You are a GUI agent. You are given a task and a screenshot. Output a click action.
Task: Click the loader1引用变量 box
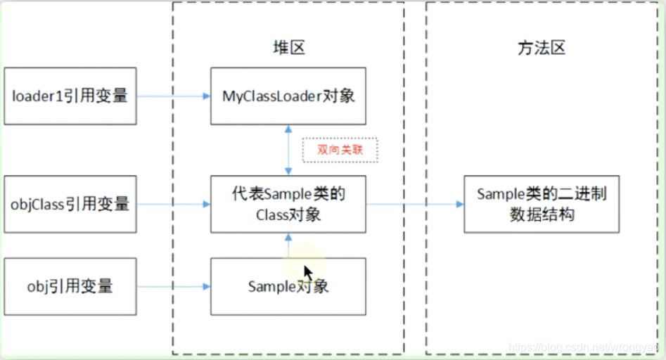tap(70, 96)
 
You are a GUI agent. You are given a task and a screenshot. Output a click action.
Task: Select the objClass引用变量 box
tap(70, 205)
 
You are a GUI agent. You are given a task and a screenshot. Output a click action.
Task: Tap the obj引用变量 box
tap(70, 286)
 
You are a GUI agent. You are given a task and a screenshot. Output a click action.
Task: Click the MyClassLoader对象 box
tap(288, 96)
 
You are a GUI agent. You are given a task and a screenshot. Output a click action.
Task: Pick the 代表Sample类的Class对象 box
tap(288, 205)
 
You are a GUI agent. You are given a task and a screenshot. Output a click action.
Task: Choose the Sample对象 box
tap(288, 286)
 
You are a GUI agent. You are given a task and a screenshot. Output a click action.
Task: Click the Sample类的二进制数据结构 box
tap(541, 205)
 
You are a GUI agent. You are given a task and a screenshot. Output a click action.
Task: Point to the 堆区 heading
tap(288, 48)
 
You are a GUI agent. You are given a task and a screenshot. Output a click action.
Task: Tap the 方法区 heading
tap(541, 48)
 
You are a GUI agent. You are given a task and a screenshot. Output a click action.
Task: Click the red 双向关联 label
tap(340, 150)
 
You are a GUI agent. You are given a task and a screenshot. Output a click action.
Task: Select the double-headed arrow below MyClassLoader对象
tap(288, 150)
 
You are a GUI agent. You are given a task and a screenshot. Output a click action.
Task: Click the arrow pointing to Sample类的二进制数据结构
tap(414, 205)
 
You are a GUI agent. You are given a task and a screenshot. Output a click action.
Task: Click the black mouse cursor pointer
tap(308, 273)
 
